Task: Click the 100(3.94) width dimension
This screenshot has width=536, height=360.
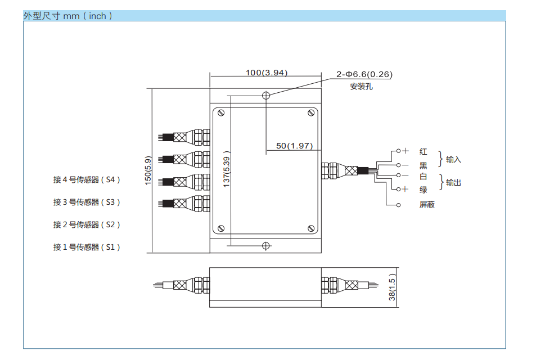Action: [x=267, y=73]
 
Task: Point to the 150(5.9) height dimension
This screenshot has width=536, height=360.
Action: [x=148, y=170]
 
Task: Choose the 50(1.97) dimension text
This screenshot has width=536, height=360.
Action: [x=294, y=146]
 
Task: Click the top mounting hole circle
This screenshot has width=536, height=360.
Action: [x=266, y=95]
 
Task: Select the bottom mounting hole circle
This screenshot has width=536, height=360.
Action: [x=266, y=246]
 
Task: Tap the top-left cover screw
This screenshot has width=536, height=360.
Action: [x=221, y=113]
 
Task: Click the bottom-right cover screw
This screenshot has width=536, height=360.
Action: [x=311, y=228]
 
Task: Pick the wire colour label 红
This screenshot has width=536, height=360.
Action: [x=423, y=151]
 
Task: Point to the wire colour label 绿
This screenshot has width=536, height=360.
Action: [x=423, y=190]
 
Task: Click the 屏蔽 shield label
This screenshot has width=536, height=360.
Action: [x=427, y=205]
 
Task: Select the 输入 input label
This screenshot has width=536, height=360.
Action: [x=453, y=160]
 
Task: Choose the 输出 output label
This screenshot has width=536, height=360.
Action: [x=453, y=183]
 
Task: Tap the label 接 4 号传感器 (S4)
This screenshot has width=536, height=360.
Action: [x=87, y=180]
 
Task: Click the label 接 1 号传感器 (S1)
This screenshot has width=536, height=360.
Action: [x=87, y=247]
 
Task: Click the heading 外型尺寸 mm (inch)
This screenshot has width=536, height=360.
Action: [x=67, y=16]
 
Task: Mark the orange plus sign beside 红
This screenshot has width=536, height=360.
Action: [x=405, y=151]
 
